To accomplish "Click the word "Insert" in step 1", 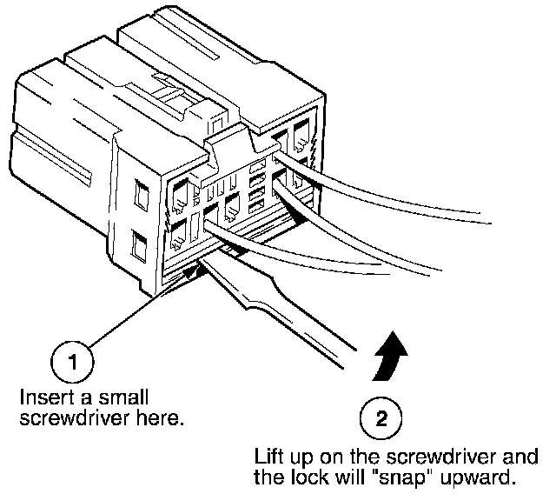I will click(42, 397).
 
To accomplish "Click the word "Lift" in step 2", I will click(268, 456).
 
